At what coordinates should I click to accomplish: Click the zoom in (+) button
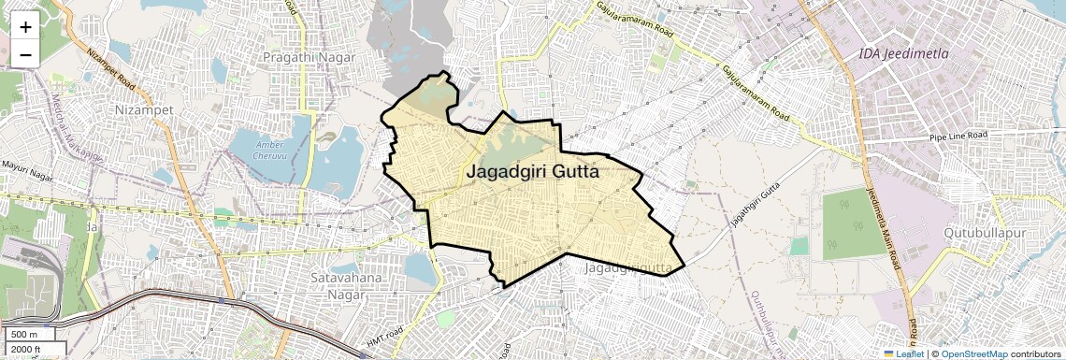click(x=25, y=27)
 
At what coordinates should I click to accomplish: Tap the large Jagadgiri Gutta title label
click(x=532, y=173)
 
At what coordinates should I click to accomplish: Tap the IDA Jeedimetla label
click(x=903, y=54)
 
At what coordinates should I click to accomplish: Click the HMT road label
click(x=384, y=338)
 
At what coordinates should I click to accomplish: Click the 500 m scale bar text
click(x=24, y=335)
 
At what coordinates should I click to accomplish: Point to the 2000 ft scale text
click(x=26, y=350)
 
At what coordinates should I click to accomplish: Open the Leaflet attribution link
click(x=902, y=354)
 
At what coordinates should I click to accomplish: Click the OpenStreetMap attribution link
click(x=973, y=354)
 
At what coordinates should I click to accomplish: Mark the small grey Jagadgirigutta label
click(x=627, y=269)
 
